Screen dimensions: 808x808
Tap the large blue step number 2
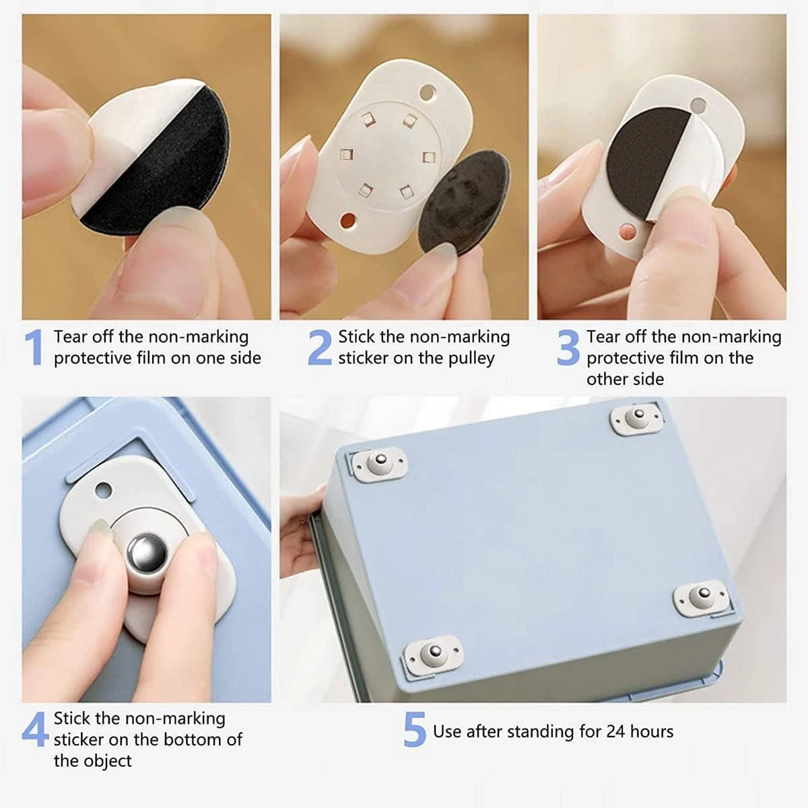point(320,347)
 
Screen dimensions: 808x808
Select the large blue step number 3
point(568,347)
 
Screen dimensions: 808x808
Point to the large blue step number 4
point(35,729)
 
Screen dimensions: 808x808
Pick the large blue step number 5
point(415,729)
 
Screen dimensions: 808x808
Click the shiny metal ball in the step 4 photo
point(147,552)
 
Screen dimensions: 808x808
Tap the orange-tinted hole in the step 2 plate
point(348,220)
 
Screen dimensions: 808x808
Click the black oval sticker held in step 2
point(464,202)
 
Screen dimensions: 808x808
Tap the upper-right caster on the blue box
point(637,418)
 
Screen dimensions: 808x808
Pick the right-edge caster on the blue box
point(702,598)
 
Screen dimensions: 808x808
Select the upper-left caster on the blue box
point(378,464)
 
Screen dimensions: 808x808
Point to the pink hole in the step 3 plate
point(628,231)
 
